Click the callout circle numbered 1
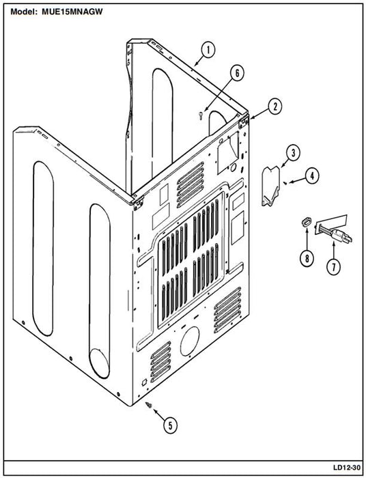208,51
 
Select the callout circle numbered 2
275,107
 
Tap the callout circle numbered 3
293,153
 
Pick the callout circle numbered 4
312,176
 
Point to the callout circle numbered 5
170,425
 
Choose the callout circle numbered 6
237,73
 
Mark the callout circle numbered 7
333,267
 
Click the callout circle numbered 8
307,259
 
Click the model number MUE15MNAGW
72,12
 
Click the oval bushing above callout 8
305,222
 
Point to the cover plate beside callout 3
270,186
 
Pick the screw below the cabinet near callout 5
150,405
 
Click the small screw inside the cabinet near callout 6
201,115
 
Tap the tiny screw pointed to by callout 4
285,182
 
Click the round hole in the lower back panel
190,341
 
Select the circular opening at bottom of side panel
99,363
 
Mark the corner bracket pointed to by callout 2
243,120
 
